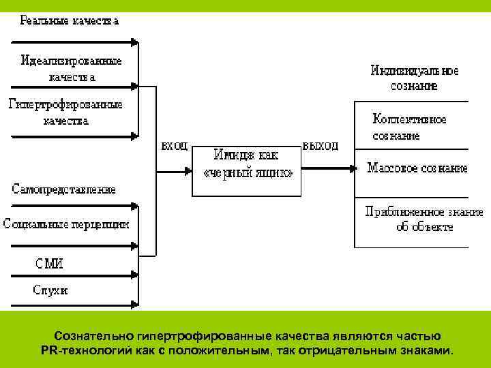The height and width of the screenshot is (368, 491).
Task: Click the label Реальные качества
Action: click(70, 21)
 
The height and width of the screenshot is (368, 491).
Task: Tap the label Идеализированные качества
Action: click(72, 68)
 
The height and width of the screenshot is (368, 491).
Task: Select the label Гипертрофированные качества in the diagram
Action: click(65, 112)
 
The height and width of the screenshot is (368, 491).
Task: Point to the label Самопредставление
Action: click(64, 189)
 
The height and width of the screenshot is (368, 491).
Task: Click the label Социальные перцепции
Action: click(65, 223)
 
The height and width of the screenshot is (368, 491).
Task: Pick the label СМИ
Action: click(50, 263)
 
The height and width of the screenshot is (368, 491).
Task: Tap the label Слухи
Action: click(51, 290)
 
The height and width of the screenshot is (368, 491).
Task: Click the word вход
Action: click(174, 146)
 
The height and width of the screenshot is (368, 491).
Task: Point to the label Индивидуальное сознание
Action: click(414, 78)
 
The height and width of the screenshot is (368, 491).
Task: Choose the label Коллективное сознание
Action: click(409, 127)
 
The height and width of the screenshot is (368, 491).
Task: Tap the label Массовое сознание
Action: click(417, 167)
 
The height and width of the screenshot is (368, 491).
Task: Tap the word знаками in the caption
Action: click(427, 351)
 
